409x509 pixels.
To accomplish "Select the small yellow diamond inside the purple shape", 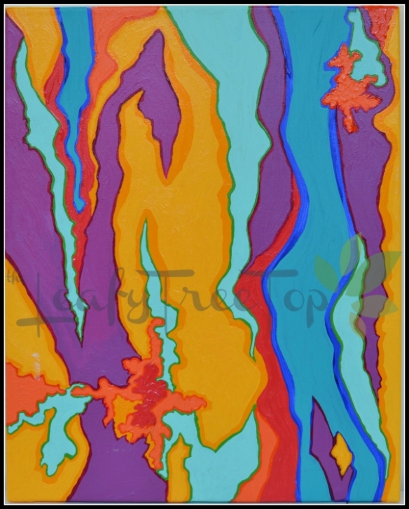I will tap(341, 452).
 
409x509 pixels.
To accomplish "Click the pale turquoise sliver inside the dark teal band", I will tap(350, 308).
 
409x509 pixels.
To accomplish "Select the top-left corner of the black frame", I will tap(2, 2).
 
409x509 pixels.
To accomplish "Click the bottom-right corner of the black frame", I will tap(406, 506).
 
